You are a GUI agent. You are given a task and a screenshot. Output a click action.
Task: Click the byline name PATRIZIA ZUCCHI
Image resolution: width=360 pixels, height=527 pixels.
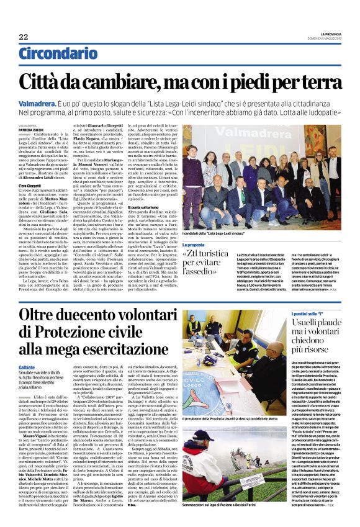pyautogui.click(x=29, y=129)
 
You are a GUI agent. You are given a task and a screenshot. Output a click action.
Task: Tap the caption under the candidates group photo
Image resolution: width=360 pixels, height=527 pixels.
pyautogui.click(x=214, y=232)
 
